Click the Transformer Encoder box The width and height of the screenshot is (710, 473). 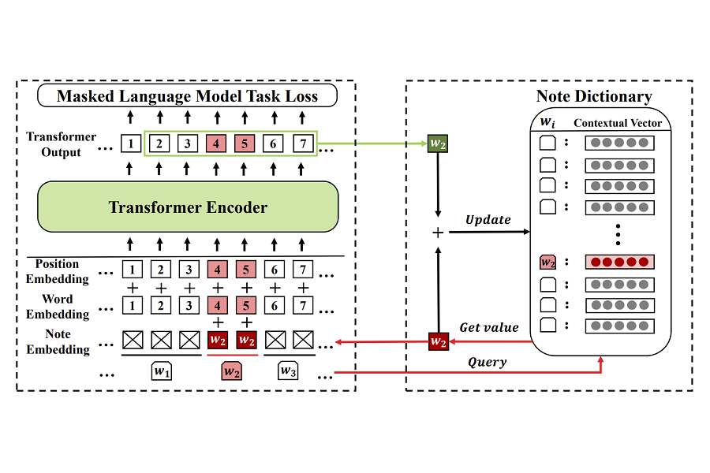(x=188, y=208)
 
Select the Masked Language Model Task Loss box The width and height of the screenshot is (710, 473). (x=188, y=96)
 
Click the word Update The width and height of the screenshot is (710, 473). (x=488, y=219)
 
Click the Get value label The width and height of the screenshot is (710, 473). (x=488, y=327)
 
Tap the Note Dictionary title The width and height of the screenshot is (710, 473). (x=594, y=97)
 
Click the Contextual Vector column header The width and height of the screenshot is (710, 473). (x=618, y=124)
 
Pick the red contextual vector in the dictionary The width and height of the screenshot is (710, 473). (x=620, y=262)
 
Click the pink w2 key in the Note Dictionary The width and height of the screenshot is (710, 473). (x=548, y=262)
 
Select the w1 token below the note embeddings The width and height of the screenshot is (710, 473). (x=161, y=371)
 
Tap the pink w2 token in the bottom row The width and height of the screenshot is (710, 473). (x=231, y=371)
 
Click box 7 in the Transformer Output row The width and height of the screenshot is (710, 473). (x=303, y=144)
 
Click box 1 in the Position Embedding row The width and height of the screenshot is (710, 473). (x=133, y=270)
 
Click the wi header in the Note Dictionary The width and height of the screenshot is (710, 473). (x=548, y=124)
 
